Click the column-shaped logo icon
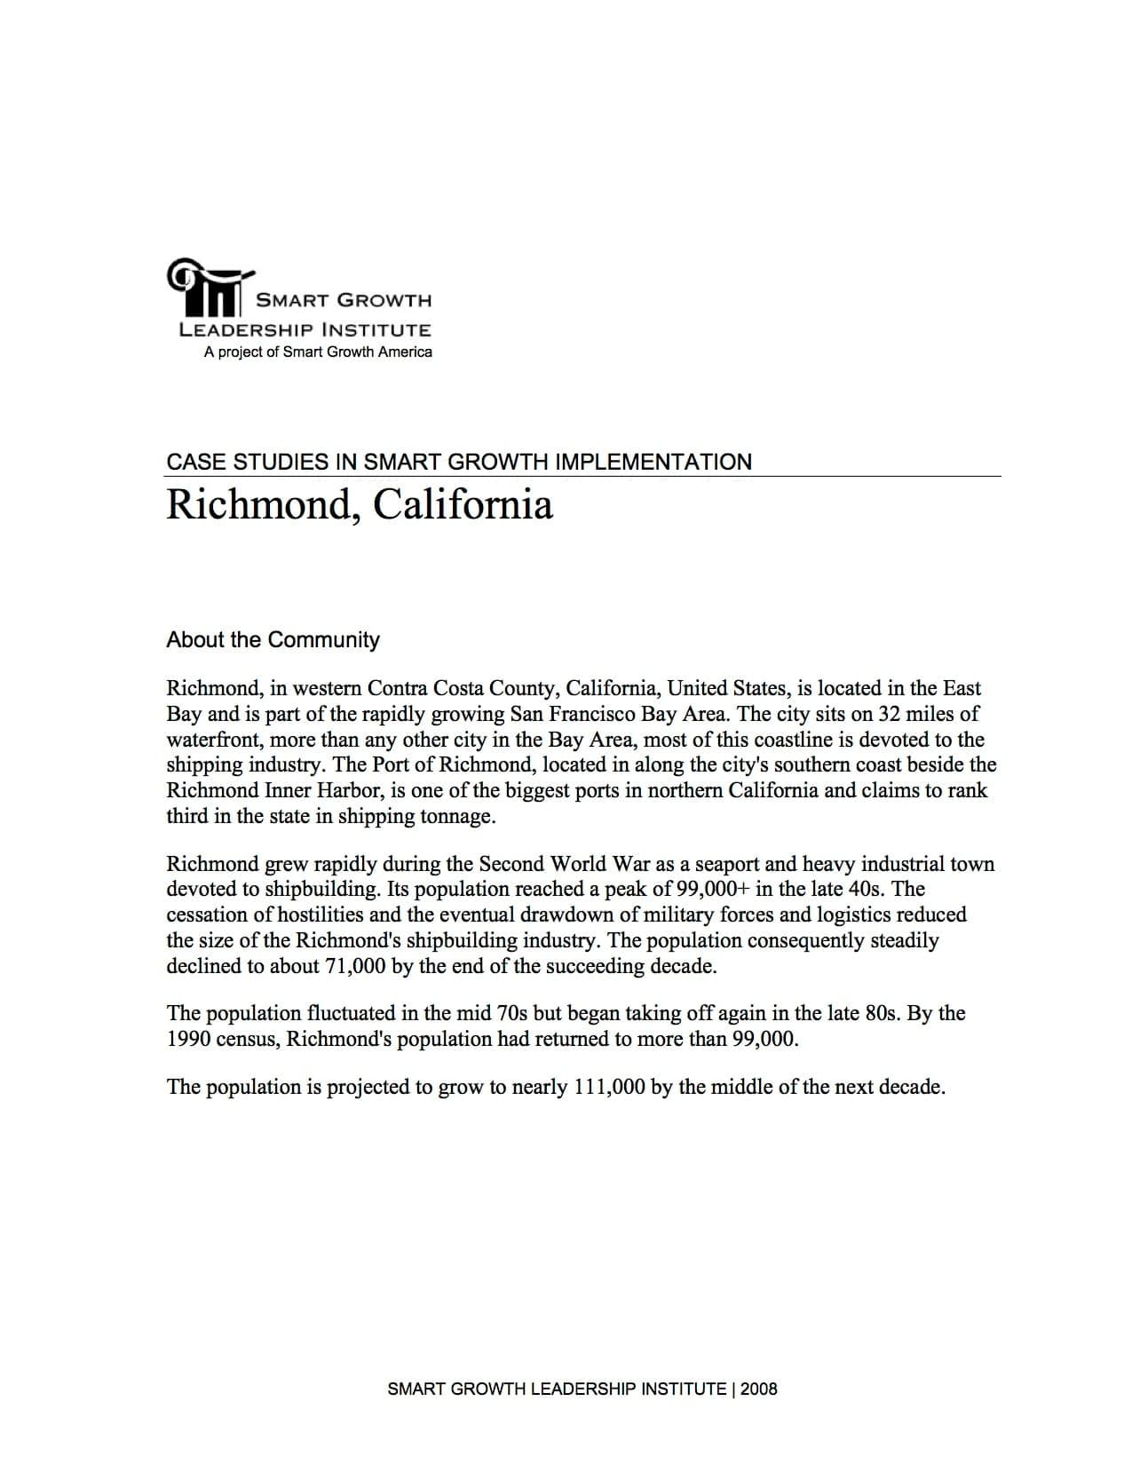[210, 289]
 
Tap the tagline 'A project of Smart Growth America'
[318, 352]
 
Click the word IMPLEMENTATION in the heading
[653, 462]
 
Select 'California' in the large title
[463, 504]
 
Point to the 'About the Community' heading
[273, 640]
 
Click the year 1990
[188, 1039]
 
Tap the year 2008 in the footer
[758, 1390]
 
